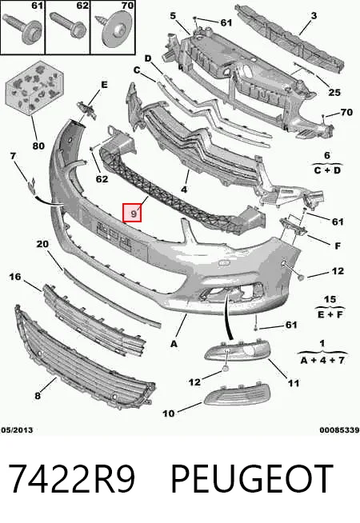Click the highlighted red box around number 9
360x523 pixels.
pyautogui.click(x=132, y=213)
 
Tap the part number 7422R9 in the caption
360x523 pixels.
pyautogui.click(x=72, y=479)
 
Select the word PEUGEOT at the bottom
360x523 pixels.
pyautogui.click(x=252, y=479)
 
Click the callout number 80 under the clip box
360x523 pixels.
pyautogui.click(x=38, y=146)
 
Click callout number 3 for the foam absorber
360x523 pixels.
pyautogui.click(x=314, y=15)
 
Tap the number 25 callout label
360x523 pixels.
pyautogui.click(x=334, y=93)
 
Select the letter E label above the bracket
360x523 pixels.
pyautogui.click(x=105, y=85)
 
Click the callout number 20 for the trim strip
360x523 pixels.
pyautogui.click(x=42, y=244)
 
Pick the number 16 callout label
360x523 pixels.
pyautogui.click(x=14, y=277)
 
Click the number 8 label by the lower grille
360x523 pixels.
pyautogui.click(x=38, y=396)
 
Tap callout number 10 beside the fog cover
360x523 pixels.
pyautogui.click(x=169, y=413)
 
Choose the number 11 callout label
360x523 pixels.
pyautogui.click(x=294, y=383)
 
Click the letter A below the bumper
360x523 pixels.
pyautogui.click(x=174, y=344)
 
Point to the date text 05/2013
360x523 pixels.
pyautogui.click(x=17, y=430)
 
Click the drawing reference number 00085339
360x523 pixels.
pyautogui.click(x=339, y=430)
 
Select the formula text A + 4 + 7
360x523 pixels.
pyautogui.click(x=322, y=360)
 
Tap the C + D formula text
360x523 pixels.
pyautogui.click(x=327, y=170)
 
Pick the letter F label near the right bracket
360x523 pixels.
pyautogui.click(x=338, y=246)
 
